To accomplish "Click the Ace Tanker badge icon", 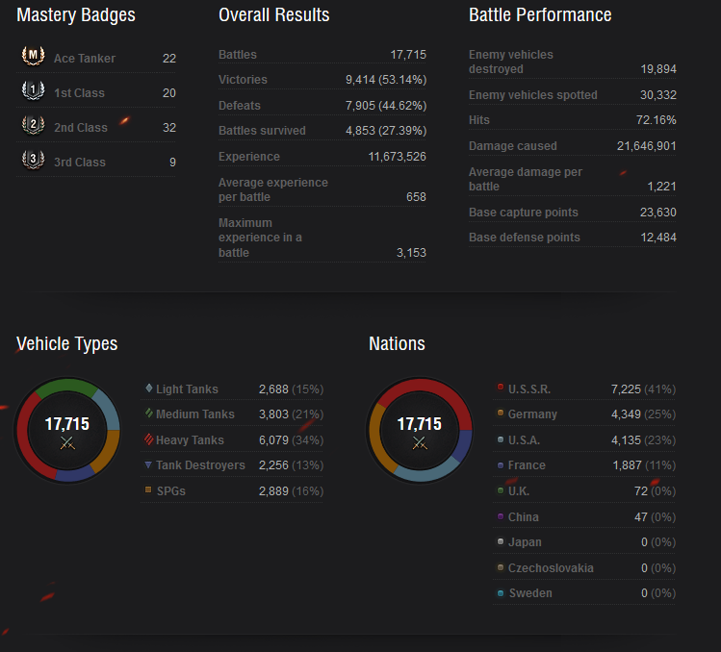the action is (x=33, y=56).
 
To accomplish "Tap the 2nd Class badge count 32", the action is (x=169, y=128).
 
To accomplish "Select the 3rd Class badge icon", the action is (x=33, y=160).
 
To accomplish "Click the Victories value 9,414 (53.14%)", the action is (x=386, y=80).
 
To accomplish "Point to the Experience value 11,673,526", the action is (x=397, y=157).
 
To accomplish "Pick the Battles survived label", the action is (x=262, y=131).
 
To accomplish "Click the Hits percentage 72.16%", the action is (x=656, y=120).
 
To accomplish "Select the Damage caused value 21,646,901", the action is (x=646, y=146).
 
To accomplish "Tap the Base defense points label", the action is (x=525, y=238).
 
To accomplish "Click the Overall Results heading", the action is (x=274, y=15).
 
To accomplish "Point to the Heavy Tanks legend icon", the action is (x=148, y=439).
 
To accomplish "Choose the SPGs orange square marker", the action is (x=148, y=489).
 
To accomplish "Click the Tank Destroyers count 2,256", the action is (x=273, y=465).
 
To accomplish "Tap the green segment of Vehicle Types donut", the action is (x=66, y=386).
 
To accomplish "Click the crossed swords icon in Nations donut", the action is (x=420, y=443).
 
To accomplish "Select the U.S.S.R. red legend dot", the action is (x=501, y=387).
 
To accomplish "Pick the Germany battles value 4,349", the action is (x=626, y=414).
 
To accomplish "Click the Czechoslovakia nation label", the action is (x=551, y=568).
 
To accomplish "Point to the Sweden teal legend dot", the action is (x=501, y=593).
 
